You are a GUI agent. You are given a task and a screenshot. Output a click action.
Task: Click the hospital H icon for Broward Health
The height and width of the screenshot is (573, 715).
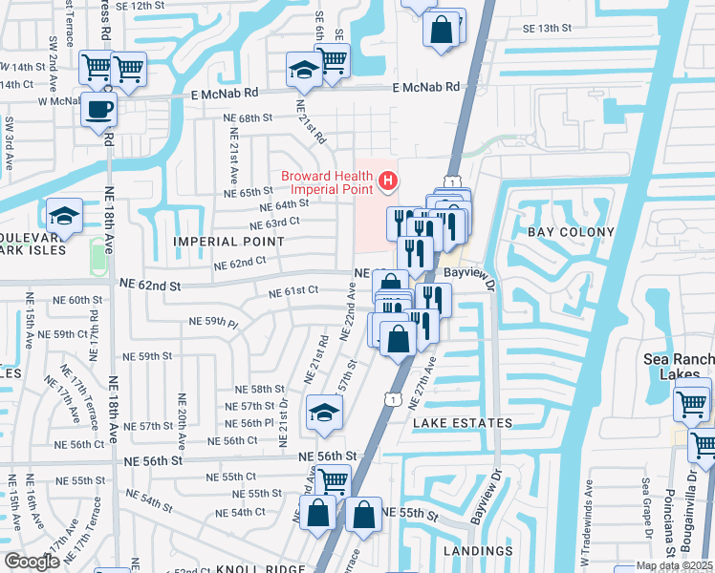387,180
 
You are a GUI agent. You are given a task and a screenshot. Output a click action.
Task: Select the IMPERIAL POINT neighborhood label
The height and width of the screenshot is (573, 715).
228,242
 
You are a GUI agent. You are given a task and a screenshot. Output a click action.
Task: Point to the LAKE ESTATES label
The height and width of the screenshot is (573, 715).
463,422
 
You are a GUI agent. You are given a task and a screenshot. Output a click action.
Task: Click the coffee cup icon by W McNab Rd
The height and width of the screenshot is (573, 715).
98,109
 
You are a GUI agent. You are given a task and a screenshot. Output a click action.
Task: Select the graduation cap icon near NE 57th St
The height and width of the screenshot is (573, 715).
323,414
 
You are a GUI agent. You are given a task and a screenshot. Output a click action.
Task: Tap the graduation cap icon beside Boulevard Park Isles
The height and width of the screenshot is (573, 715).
64,215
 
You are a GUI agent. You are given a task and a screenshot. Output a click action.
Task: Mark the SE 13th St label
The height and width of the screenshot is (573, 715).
548,29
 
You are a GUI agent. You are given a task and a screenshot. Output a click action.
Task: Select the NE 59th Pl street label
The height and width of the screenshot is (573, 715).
213,322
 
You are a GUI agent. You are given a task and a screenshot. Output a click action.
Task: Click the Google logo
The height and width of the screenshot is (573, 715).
32,562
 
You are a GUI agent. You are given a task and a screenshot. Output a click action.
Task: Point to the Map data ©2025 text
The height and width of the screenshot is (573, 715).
674,565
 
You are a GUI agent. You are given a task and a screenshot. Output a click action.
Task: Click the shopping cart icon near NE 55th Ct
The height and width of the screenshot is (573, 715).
332,480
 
